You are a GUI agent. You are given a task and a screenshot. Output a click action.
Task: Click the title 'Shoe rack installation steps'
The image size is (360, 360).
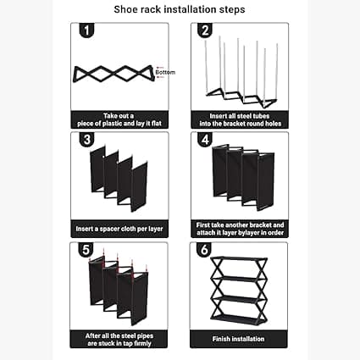click(x=180, y=10)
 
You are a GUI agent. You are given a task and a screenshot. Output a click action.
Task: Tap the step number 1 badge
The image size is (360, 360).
click(x=86, y=32)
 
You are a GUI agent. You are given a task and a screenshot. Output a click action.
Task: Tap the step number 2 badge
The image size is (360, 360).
click(x=204, y=32)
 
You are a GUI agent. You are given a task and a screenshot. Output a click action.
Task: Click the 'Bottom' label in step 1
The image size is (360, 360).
click(x=165, y=73)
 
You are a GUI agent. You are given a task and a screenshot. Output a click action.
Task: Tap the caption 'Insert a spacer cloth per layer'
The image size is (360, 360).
click(x=120, y=229)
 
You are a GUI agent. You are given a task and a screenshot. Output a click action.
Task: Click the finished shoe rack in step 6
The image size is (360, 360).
click(x=239, y=289)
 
